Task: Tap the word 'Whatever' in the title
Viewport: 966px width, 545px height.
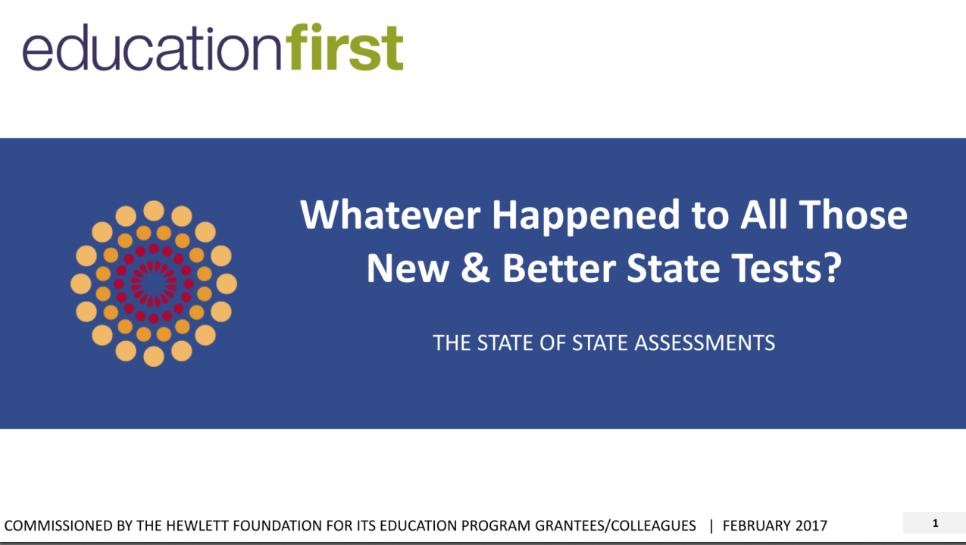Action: point(390,215)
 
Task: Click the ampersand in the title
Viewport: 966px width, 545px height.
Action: point(475,268)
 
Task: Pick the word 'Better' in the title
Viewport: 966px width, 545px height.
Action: point(559,268)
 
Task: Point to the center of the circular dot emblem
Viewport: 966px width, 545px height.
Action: point(154,283)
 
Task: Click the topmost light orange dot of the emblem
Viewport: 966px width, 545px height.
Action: point(154,211)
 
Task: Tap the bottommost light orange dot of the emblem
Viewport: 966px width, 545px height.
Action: point(154,356)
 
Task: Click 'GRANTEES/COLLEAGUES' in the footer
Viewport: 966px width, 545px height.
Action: point(615,525)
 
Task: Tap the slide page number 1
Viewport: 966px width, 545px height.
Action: point(936,524)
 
